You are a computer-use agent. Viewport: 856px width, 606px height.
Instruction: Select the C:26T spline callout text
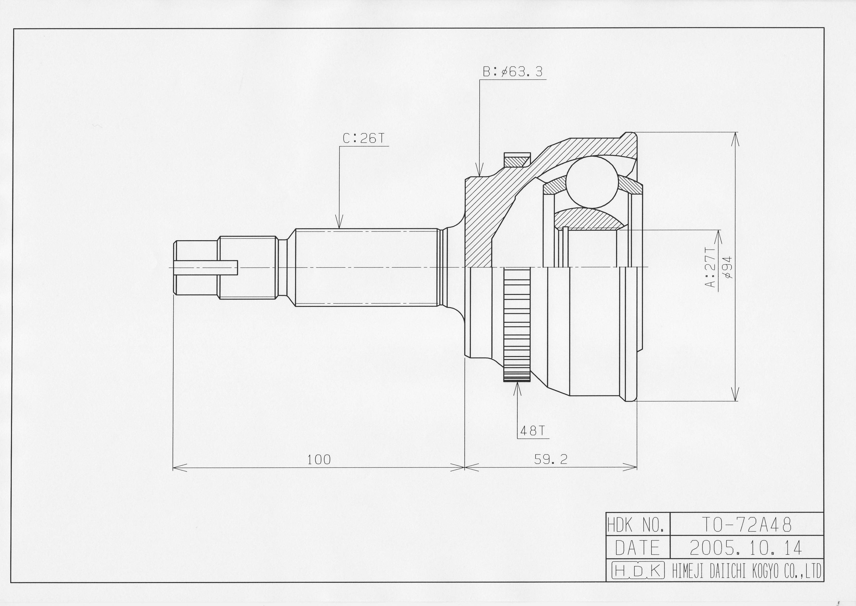363,139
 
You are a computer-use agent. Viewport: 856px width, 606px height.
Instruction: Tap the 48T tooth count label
533,431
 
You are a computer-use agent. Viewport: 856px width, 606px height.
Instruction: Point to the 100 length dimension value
319,460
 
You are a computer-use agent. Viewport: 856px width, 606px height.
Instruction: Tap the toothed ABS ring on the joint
517,325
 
